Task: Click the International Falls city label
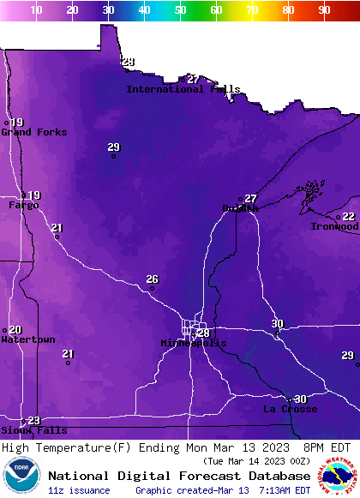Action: click(183, 89)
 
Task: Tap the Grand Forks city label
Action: click(28, 132)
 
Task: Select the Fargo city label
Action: click(24, 205)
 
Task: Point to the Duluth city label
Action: click(240, 208)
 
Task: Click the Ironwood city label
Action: click(334, 226)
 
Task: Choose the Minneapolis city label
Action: click(194, 343)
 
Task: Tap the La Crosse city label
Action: click(290, 409)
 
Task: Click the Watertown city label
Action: click(27, 339)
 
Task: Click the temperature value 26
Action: click(153, 279)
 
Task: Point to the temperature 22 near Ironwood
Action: click(349, 217)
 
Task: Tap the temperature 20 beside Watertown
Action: click(15, 330)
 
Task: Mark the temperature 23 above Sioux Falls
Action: click(34, 420)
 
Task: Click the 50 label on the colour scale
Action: click(180, 9)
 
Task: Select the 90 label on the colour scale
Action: click(324, 9)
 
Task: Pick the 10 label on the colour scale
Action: click(36, 9)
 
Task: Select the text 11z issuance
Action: click(79, 490)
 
